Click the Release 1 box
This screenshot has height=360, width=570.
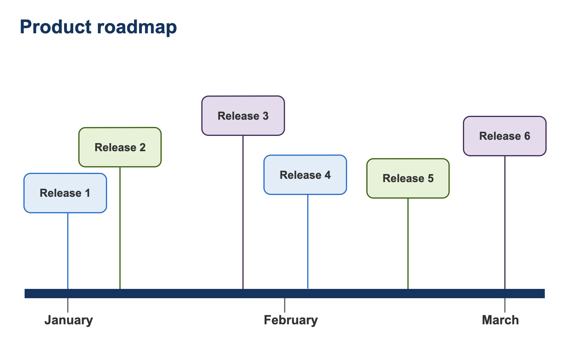(x=65, y=193)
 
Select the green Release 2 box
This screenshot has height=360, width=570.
(x=120, y=147)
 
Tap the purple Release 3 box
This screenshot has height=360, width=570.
(x=243, y=116)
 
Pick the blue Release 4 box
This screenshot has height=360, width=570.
(x=305, y=175)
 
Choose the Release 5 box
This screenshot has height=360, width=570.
(x=408, y=178)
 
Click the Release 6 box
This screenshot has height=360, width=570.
(x=505, y=136)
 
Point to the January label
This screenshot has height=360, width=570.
(x=69, y=320)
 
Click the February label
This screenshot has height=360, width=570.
(x=291, y=320)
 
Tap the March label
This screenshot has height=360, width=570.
(x=500, y=320)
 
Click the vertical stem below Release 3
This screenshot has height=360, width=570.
(x=243, y=210)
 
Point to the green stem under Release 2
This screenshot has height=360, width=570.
(x=120, y=228)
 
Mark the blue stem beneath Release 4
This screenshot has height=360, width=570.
(x=308, y=240)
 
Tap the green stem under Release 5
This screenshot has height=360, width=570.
(x=408, y=243)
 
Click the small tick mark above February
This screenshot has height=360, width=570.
(x=285, y=305)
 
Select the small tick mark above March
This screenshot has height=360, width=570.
(x=505, y=305)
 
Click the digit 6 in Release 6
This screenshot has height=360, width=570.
(x=527, y=136)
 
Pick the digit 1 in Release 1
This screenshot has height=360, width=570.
(x=88, y=193)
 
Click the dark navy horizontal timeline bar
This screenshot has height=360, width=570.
(x=180, y=293)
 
